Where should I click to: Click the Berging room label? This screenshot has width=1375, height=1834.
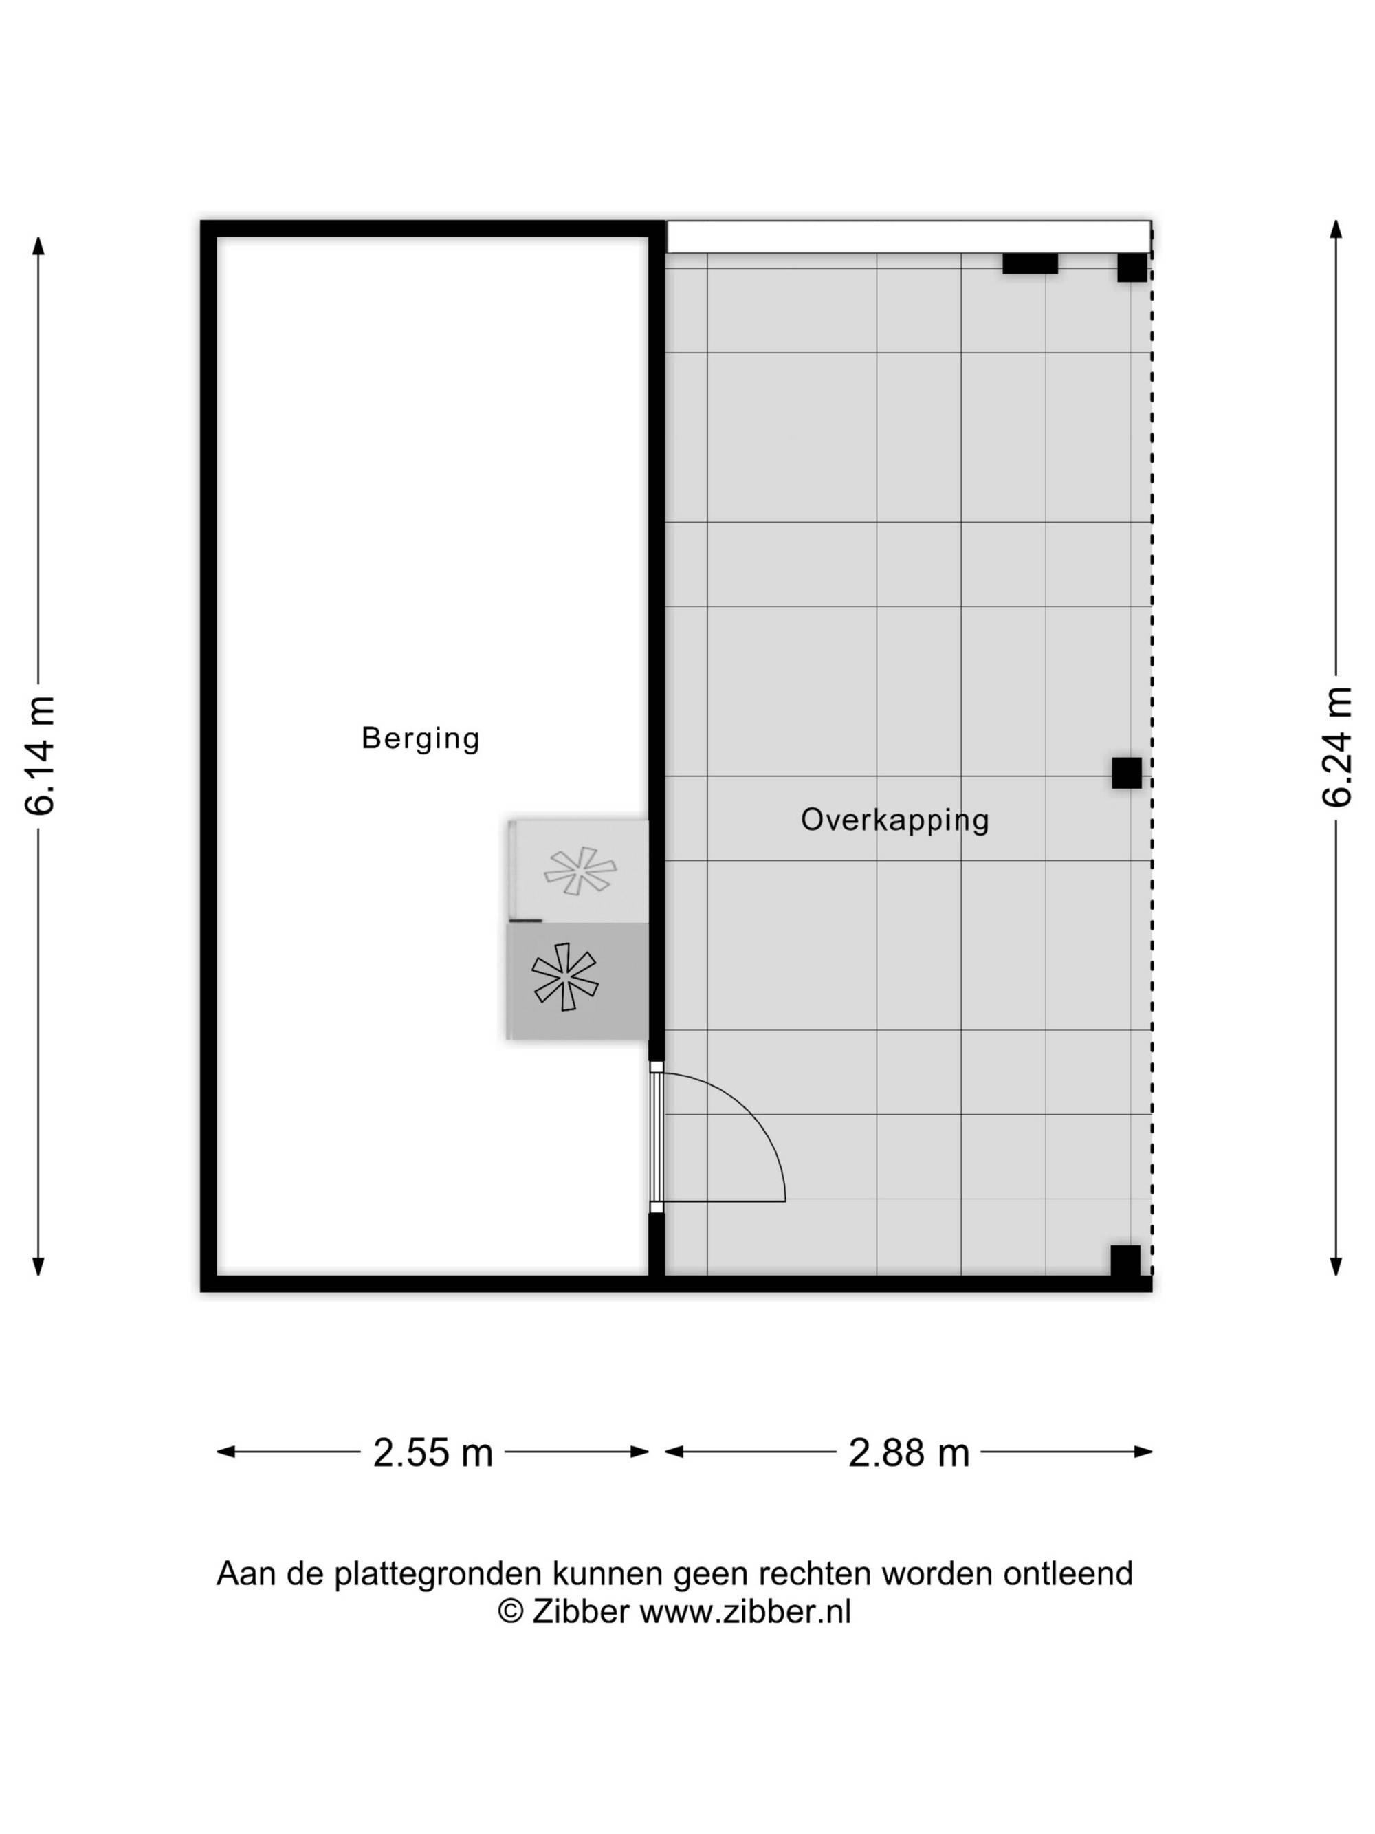[421, 738]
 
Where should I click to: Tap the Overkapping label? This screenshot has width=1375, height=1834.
[895, 820]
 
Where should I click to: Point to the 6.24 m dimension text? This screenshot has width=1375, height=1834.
[1337, 747]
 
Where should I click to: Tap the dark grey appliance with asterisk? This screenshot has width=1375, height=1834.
[577, 981]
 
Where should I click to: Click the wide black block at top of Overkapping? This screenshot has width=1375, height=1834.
[1030, 263]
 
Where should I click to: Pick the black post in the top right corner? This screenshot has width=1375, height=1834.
[1132, 268]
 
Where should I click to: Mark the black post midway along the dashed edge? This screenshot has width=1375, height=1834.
[1126, 773]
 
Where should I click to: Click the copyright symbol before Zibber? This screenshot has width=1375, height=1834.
[511, 1613]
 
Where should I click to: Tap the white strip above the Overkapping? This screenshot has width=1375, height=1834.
[908, 237]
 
